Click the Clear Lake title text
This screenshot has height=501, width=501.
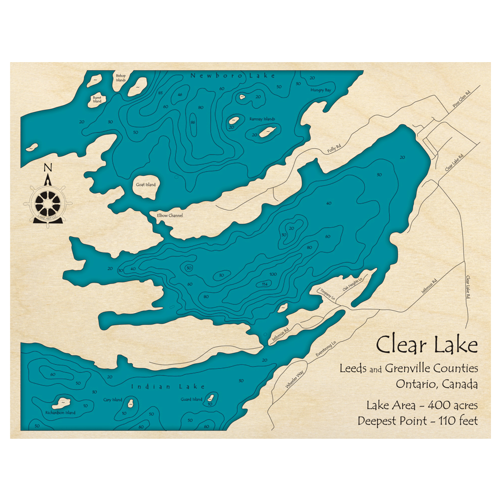coord(427,345)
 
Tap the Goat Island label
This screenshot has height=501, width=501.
coord(145,184)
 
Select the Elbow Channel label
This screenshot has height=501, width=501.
coord(170,215)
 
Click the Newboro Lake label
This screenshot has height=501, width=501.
coord(232,76)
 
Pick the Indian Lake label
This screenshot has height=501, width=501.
coord(168,386)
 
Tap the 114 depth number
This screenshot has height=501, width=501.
coord(264,284)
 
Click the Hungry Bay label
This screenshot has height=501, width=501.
coord(321,90)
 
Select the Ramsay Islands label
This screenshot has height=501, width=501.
coord(263,119)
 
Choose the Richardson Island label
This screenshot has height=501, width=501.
coord(60,413)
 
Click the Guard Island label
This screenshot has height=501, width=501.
coord(192,399)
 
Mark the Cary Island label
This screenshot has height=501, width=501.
coord(113,400)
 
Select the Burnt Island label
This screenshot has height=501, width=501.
coord(97,100)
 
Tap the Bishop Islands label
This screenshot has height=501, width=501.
coord(121,78)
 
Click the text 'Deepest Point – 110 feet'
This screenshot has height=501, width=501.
coord(417,420)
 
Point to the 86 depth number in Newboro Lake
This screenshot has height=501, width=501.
coord(192,122)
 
